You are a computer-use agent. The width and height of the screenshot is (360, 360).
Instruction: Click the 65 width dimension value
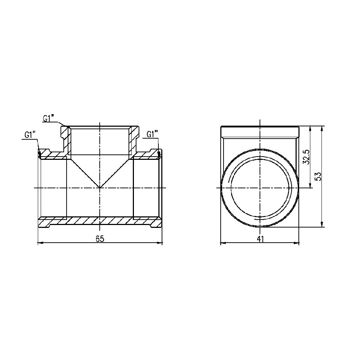click(x=100, y=239)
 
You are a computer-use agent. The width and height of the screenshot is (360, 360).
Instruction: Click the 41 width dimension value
click(x=260, y=239)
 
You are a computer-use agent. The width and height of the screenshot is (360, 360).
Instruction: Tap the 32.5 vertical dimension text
click(x=306, y=157)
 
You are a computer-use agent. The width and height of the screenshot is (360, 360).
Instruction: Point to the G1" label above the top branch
click(x=49, y=118)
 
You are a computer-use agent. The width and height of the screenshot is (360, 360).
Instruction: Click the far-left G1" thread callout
click(x=30, y=135)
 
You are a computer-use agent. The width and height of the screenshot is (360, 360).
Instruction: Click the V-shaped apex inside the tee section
click(x=100, y=188)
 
